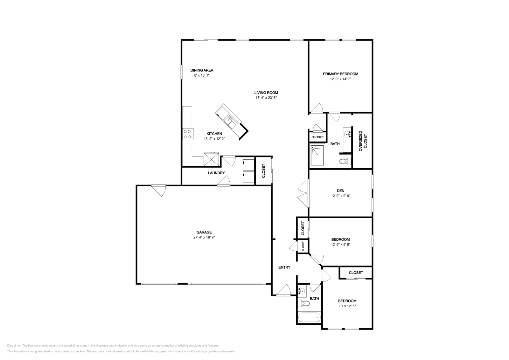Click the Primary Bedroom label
(340, 74)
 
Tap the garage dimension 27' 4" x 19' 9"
(204, 237)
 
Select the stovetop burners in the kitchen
(187, 134)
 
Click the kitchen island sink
(230, 121)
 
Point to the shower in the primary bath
(317, 156)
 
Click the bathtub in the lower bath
(310, 317)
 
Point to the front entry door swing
(284, 291)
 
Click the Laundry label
(216, 173)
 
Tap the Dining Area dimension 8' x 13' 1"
(202, 75)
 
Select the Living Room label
(266, 93)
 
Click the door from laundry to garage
(224, 182)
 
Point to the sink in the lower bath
(302, 291)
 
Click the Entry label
(284, 267)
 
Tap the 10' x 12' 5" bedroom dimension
(347, 306)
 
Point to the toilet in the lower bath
(304, 304)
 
